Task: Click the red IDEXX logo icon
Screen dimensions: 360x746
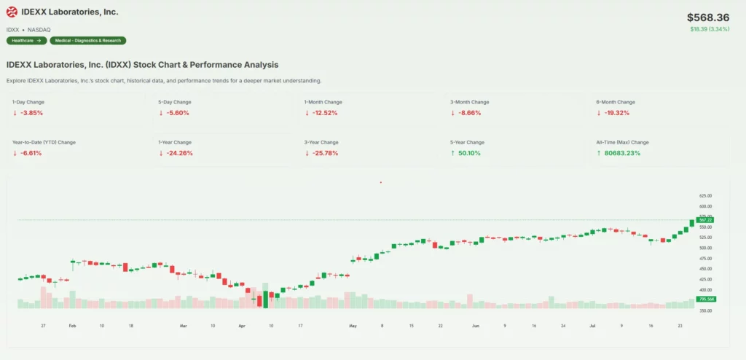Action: (12, 12)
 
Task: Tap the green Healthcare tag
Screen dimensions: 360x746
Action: (26, 41)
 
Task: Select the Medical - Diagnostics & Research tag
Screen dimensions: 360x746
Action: (87, 41)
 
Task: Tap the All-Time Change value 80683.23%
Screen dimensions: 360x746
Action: (619, 153)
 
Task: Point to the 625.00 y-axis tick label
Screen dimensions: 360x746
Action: (705, 196)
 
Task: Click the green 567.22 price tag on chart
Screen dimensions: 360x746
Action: (705, 219)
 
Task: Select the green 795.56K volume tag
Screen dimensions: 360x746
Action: (705, 299)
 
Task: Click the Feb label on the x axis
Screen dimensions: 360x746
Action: (72, 326)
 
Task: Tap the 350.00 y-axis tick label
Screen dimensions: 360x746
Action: (705, 311)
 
